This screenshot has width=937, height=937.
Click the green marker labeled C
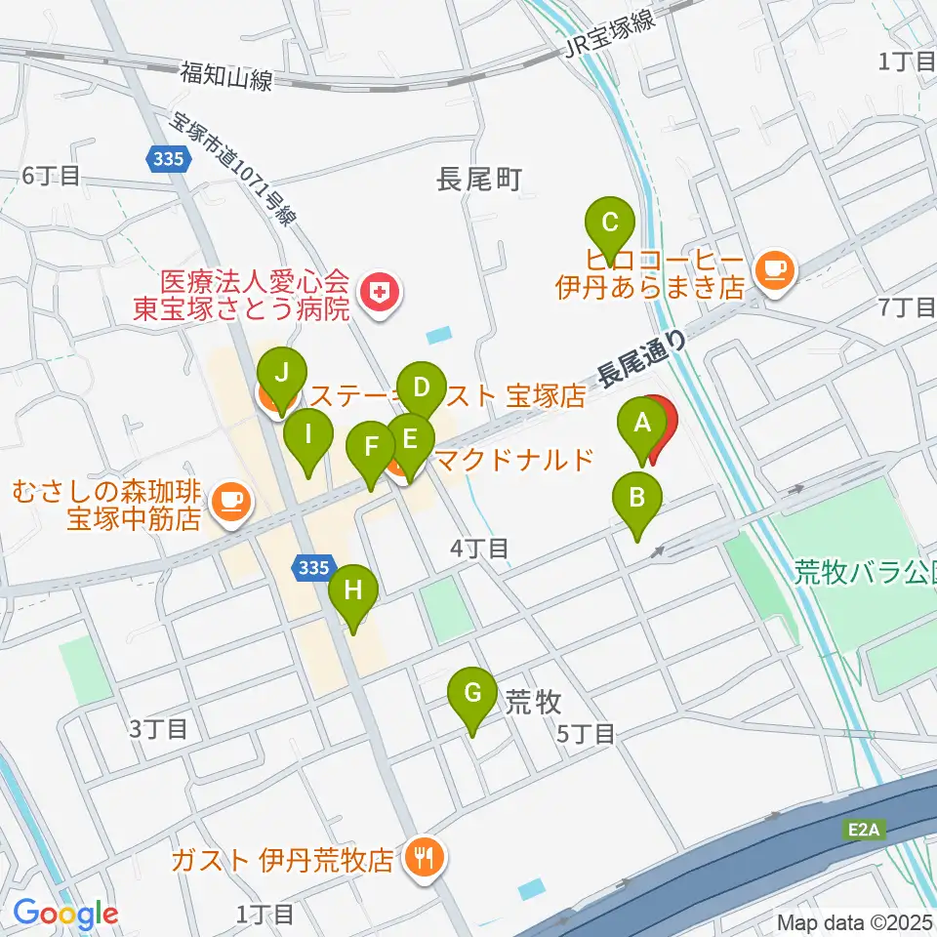pos(609,224)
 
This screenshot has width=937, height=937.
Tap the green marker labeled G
pos(471,695)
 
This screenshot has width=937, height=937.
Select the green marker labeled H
pos(352,591)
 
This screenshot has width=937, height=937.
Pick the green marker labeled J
pos(282,374)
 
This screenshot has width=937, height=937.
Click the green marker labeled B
pos(636,500)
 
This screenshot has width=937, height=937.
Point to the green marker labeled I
pos(308,435)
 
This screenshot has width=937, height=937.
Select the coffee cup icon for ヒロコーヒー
pos(775,266)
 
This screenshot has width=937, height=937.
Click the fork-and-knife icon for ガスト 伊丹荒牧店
pos(425,859)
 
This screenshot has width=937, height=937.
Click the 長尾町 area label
pos(479,179)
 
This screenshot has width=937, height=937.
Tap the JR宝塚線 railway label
pos(609,37)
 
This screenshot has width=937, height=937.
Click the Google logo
pos(65,914)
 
